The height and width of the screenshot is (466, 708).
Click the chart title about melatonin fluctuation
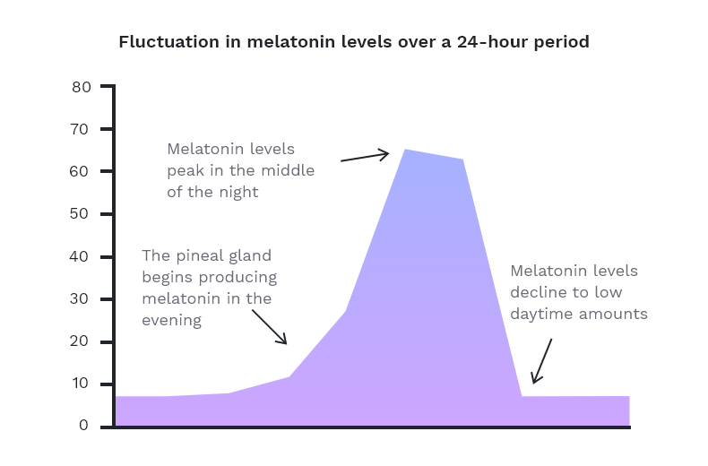click(354, 42)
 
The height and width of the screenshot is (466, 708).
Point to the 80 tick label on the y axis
click(82, 87)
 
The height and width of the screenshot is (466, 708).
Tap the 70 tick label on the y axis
click(82, 129)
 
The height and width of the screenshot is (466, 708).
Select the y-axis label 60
click(82, 171)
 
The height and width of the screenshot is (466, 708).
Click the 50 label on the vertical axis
click(82, 214)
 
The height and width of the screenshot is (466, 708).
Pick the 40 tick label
click(82, 257)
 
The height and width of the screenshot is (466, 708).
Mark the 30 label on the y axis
click(82, 299)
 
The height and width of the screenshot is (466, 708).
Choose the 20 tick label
click(82, 342)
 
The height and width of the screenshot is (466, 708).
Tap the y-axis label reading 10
click(82, 384)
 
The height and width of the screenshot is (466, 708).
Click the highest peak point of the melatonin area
click(405, 150)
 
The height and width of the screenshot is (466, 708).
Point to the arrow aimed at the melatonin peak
click(365, 157)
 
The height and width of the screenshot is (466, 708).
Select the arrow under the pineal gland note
click(269, 327)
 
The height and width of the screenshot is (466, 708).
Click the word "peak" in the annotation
click(184, 171)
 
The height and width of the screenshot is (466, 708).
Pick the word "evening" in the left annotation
click(171, 320)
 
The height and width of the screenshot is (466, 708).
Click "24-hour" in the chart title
click(497, 42)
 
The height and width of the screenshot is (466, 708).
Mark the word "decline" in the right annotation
click(539, 292)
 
